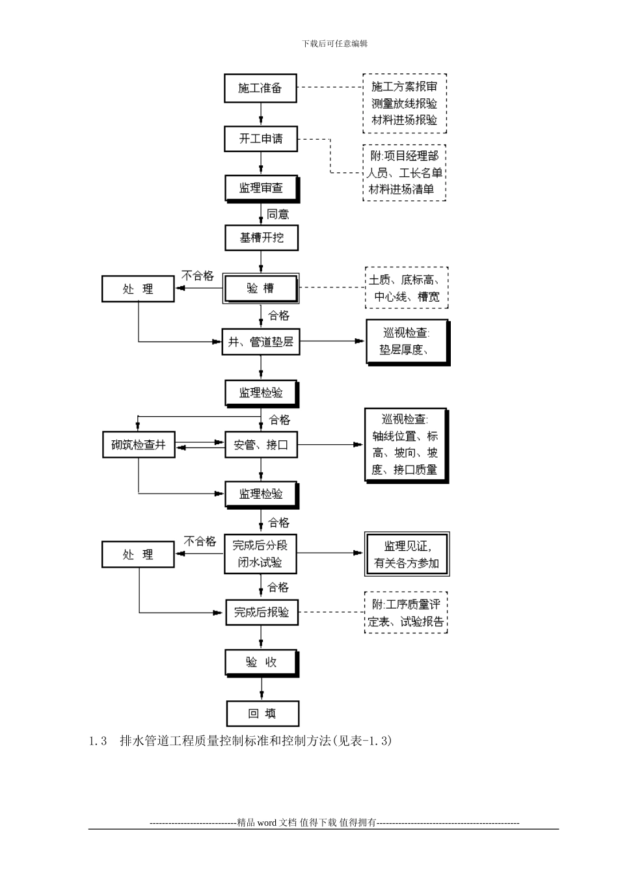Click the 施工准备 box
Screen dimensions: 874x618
click(x=260, y=88)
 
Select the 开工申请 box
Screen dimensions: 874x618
click(x=261, y=139)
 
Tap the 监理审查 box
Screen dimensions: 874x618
click(x=262, y=188)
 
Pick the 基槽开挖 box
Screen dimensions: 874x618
click(x=262, y=238)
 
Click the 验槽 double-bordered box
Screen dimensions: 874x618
click(x=261, y=289)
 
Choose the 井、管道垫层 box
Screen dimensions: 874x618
click(x=262, y=342)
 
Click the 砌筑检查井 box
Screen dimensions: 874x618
click(x=139, y=445)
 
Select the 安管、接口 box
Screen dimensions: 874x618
click(x=260, y=445)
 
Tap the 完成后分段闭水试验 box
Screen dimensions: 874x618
click(x=260, y=554)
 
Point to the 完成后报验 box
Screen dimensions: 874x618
click(x=262, y=612)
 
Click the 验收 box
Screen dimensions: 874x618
click(x=262, y=662)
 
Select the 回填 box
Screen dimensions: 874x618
click(x=262, y=713)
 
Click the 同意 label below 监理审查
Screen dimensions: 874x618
click(x=278, y=214)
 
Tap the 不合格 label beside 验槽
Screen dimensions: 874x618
click(x=198, y=276)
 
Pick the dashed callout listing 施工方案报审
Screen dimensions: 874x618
click(x=404, y=103)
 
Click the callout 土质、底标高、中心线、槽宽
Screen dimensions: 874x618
click(x=407, y=289)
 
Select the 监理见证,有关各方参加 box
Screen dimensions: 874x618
click(x=407, y=554)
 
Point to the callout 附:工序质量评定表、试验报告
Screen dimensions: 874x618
click(x=406, y=613)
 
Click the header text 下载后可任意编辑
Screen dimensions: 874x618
click(x=335, y=44)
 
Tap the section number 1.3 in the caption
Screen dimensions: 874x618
click(x=98, y=741)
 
